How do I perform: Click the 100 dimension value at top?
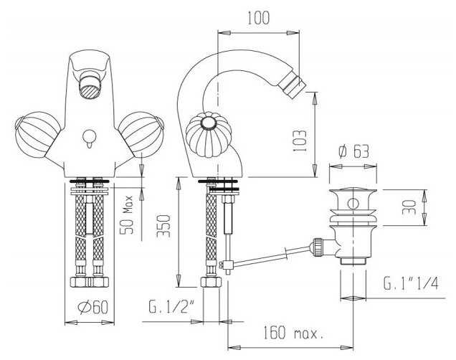click(259, 18)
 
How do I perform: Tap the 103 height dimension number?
click(300, 141)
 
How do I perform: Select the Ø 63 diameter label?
click(353, 151)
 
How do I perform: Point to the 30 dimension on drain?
click(409, 207)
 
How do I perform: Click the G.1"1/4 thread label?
click(411, 283)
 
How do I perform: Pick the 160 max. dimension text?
click(293, 333)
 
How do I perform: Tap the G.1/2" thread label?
click(171, 306)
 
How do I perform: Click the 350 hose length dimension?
click(163, 226)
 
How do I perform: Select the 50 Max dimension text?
click(127, 215)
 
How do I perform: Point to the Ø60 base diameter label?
click(93, 308)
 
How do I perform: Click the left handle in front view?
click(38, 133)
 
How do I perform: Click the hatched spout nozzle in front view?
click(90, 90)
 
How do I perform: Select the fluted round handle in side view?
click(209, 136)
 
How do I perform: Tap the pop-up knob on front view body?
click(88, 138)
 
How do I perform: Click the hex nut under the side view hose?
click(211, 282)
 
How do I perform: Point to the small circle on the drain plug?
click(353, 204)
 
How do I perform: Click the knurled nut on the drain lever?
click(318, 247)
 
